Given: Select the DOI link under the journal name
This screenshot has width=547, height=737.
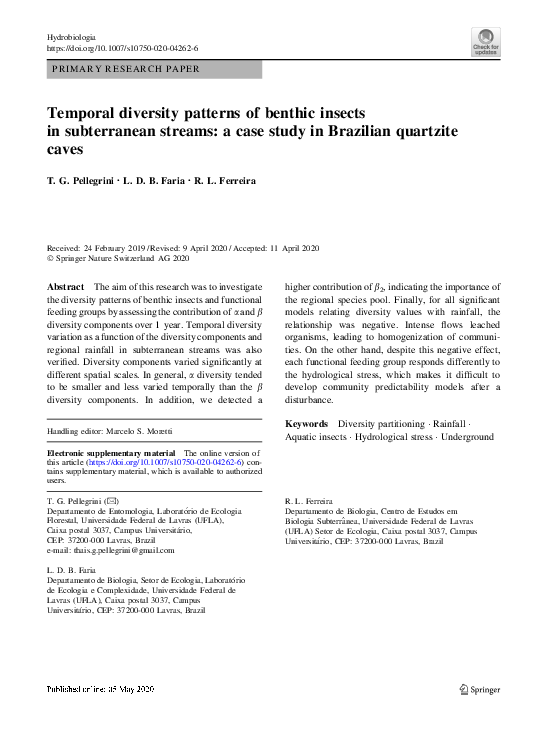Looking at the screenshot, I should (x=122, y=48).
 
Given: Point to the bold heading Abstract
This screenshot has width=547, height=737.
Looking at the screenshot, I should (x=66, y=286).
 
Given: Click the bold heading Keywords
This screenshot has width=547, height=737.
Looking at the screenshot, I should (x=306, y=423).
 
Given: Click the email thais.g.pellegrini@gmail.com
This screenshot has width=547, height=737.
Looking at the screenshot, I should (x=118, y=550).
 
